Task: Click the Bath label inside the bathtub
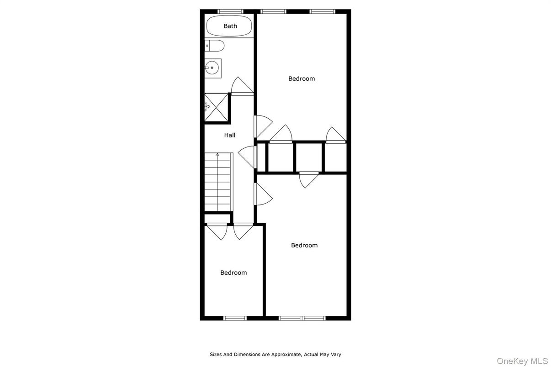click(230, 26)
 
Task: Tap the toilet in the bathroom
click(214, 46)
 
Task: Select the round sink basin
click(212, 68)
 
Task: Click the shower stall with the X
click(216, 107)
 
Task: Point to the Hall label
click(229, 135)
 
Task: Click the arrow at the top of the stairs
click(217, 155)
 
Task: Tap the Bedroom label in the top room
click(302, 79)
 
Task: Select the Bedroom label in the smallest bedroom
click(233, 273)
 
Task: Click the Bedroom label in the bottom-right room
click(304, 245)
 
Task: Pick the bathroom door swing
click(242, 86)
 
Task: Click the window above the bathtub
click(230, 11)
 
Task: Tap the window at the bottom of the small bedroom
click(235, 318)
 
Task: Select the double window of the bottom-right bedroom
click(302, 318)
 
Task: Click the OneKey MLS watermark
click(522, 361)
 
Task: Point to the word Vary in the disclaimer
click(335, 355)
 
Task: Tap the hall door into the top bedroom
click(263, 126)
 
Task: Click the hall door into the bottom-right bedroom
click(263, 194)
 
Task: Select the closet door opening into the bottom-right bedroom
click(309, 180)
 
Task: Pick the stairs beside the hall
click(218, 182)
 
